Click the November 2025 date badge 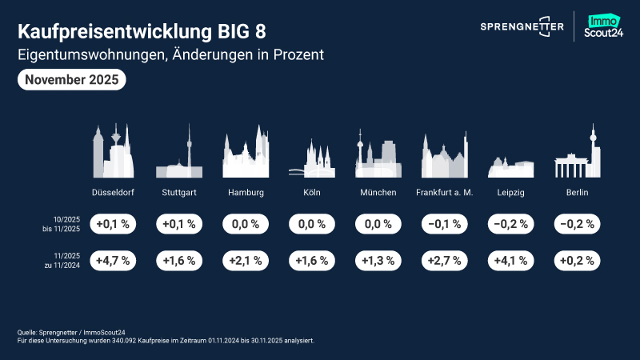71,79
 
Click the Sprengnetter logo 521,26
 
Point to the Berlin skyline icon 578,156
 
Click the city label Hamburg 246,193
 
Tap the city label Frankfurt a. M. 445,193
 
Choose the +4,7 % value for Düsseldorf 113,261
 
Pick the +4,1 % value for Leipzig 511,261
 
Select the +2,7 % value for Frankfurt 445,261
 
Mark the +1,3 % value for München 378,261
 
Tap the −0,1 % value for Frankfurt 445,224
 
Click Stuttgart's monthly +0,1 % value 179,224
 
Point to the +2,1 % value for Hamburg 246,261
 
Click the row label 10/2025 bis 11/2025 64,224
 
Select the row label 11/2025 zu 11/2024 64,261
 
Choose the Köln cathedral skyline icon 312,158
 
